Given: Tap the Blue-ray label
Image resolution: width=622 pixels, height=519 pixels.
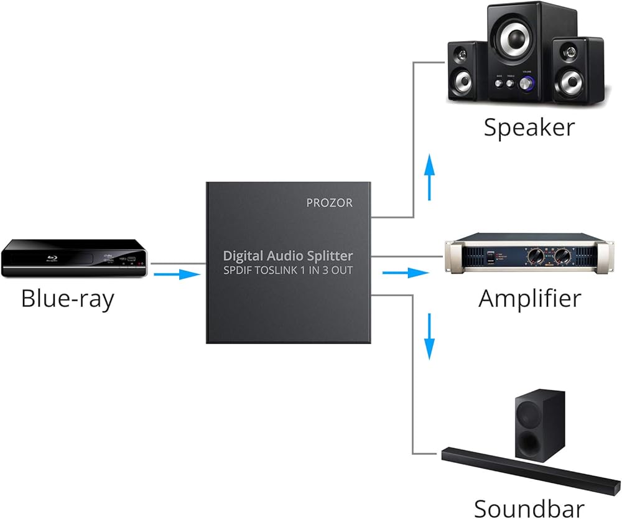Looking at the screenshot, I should (67, 299).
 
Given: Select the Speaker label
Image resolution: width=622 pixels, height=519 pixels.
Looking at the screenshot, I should (529, 128).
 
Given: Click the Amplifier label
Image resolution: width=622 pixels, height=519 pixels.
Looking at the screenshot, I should (530, 298).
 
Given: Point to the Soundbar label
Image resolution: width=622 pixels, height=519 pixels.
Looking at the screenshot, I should (529, 507).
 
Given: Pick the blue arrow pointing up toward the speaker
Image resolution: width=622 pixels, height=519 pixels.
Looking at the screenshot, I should (429, 177).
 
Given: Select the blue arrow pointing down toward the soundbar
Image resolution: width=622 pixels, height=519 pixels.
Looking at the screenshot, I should (429, 336).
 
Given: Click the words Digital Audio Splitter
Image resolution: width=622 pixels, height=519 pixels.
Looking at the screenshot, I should (288, 255).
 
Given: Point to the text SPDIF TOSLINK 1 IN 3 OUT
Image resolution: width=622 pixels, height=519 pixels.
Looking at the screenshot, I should (288, 270).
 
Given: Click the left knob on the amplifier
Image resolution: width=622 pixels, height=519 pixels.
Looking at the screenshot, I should (534, 256).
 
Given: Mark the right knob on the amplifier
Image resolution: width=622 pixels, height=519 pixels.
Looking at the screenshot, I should (563, 256).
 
